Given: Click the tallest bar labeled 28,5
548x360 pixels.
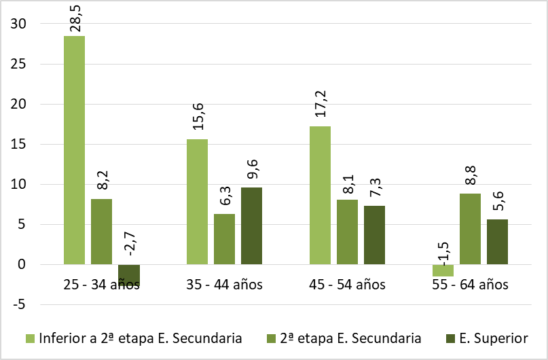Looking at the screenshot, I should point(75,149).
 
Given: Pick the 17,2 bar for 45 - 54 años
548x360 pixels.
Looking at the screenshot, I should point(320,195).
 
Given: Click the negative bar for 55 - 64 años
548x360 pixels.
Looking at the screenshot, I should point(443,270).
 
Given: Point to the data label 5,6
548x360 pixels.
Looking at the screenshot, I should point(498,202).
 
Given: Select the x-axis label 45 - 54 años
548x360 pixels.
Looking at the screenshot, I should point(347,285).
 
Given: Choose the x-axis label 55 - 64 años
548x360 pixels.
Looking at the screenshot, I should point(470,285).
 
